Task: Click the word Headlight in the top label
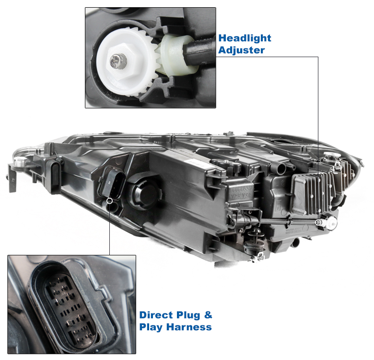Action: point(245,38)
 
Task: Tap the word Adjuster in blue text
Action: point(241,50)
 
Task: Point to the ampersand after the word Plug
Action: point(208,315)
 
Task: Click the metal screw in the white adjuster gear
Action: point(118,61)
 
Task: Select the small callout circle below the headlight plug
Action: point(109,201)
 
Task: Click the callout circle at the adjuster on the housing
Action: point(318,223)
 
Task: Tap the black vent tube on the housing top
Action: point(281,168)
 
